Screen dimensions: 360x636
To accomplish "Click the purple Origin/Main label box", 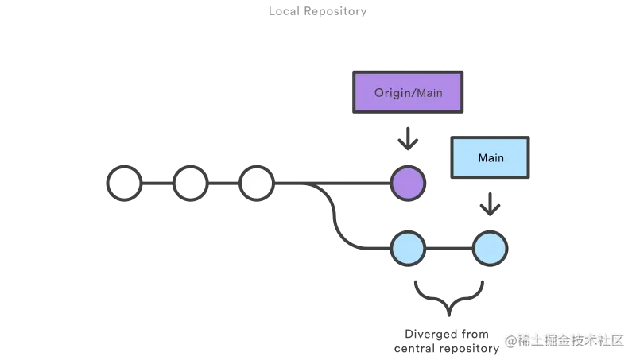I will coord(408,93).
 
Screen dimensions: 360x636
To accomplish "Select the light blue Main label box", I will coord(491,157).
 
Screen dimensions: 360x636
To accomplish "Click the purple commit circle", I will coord(408,184).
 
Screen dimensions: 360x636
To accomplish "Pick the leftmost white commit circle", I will coord(124,184).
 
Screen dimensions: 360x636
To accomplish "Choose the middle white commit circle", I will coord(190,184).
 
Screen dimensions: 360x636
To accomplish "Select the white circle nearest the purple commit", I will coord(256,184).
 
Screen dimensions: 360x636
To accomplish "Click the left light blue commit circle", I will coord(408,249).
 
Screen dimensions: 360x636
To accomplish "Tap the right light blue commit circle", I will coord(490,249).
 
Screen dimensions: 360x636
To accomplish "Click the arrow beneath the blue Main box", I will coord(491,206).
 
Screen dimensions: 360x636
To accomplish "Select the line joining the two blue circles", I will coord(449,249).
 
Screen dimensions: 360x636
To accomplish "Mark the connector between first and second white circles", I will coord(157,184).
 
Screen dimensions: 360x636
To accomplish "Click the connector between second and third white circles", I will coord(223,184).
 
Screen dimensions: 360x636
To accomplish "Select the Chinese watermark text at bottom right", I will coord(566,339).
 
